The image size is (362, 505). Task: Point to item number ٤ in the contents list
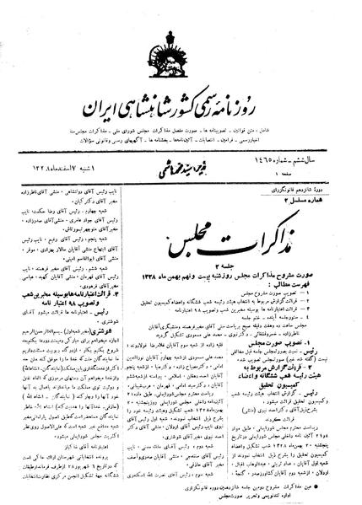point(342,250)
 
